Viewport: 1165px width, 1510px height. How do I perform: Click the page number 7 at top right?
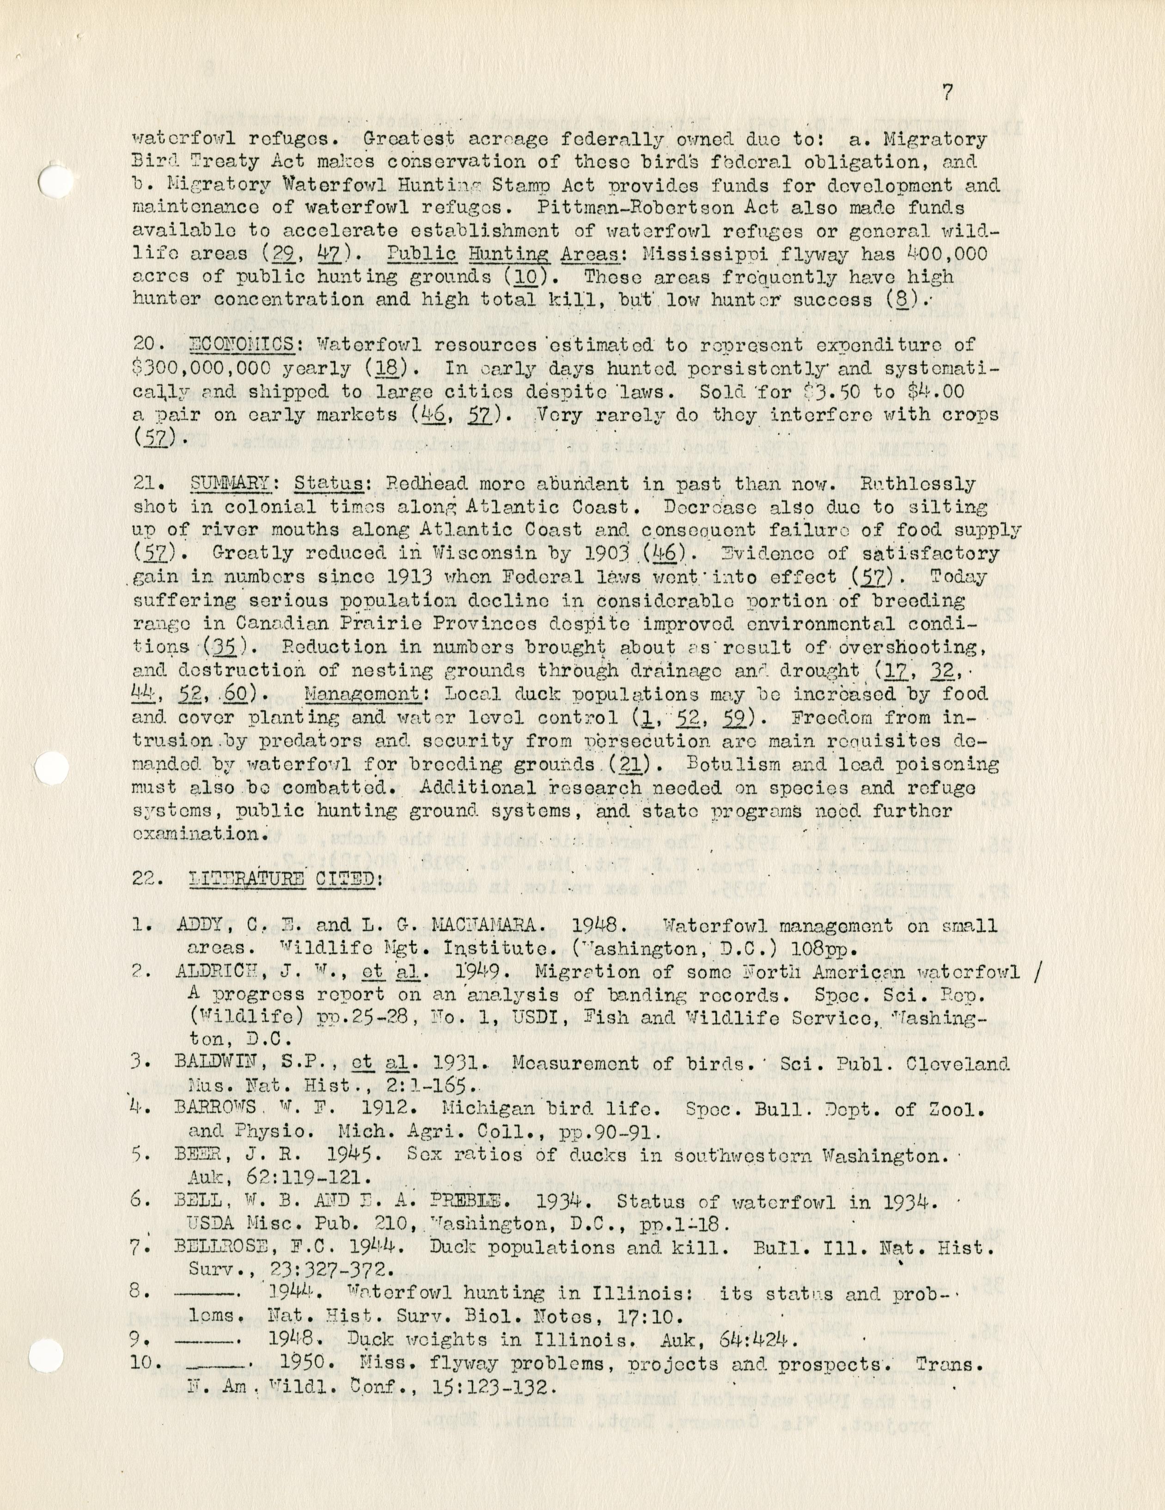pyautogui.click(x=947, y=92)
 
